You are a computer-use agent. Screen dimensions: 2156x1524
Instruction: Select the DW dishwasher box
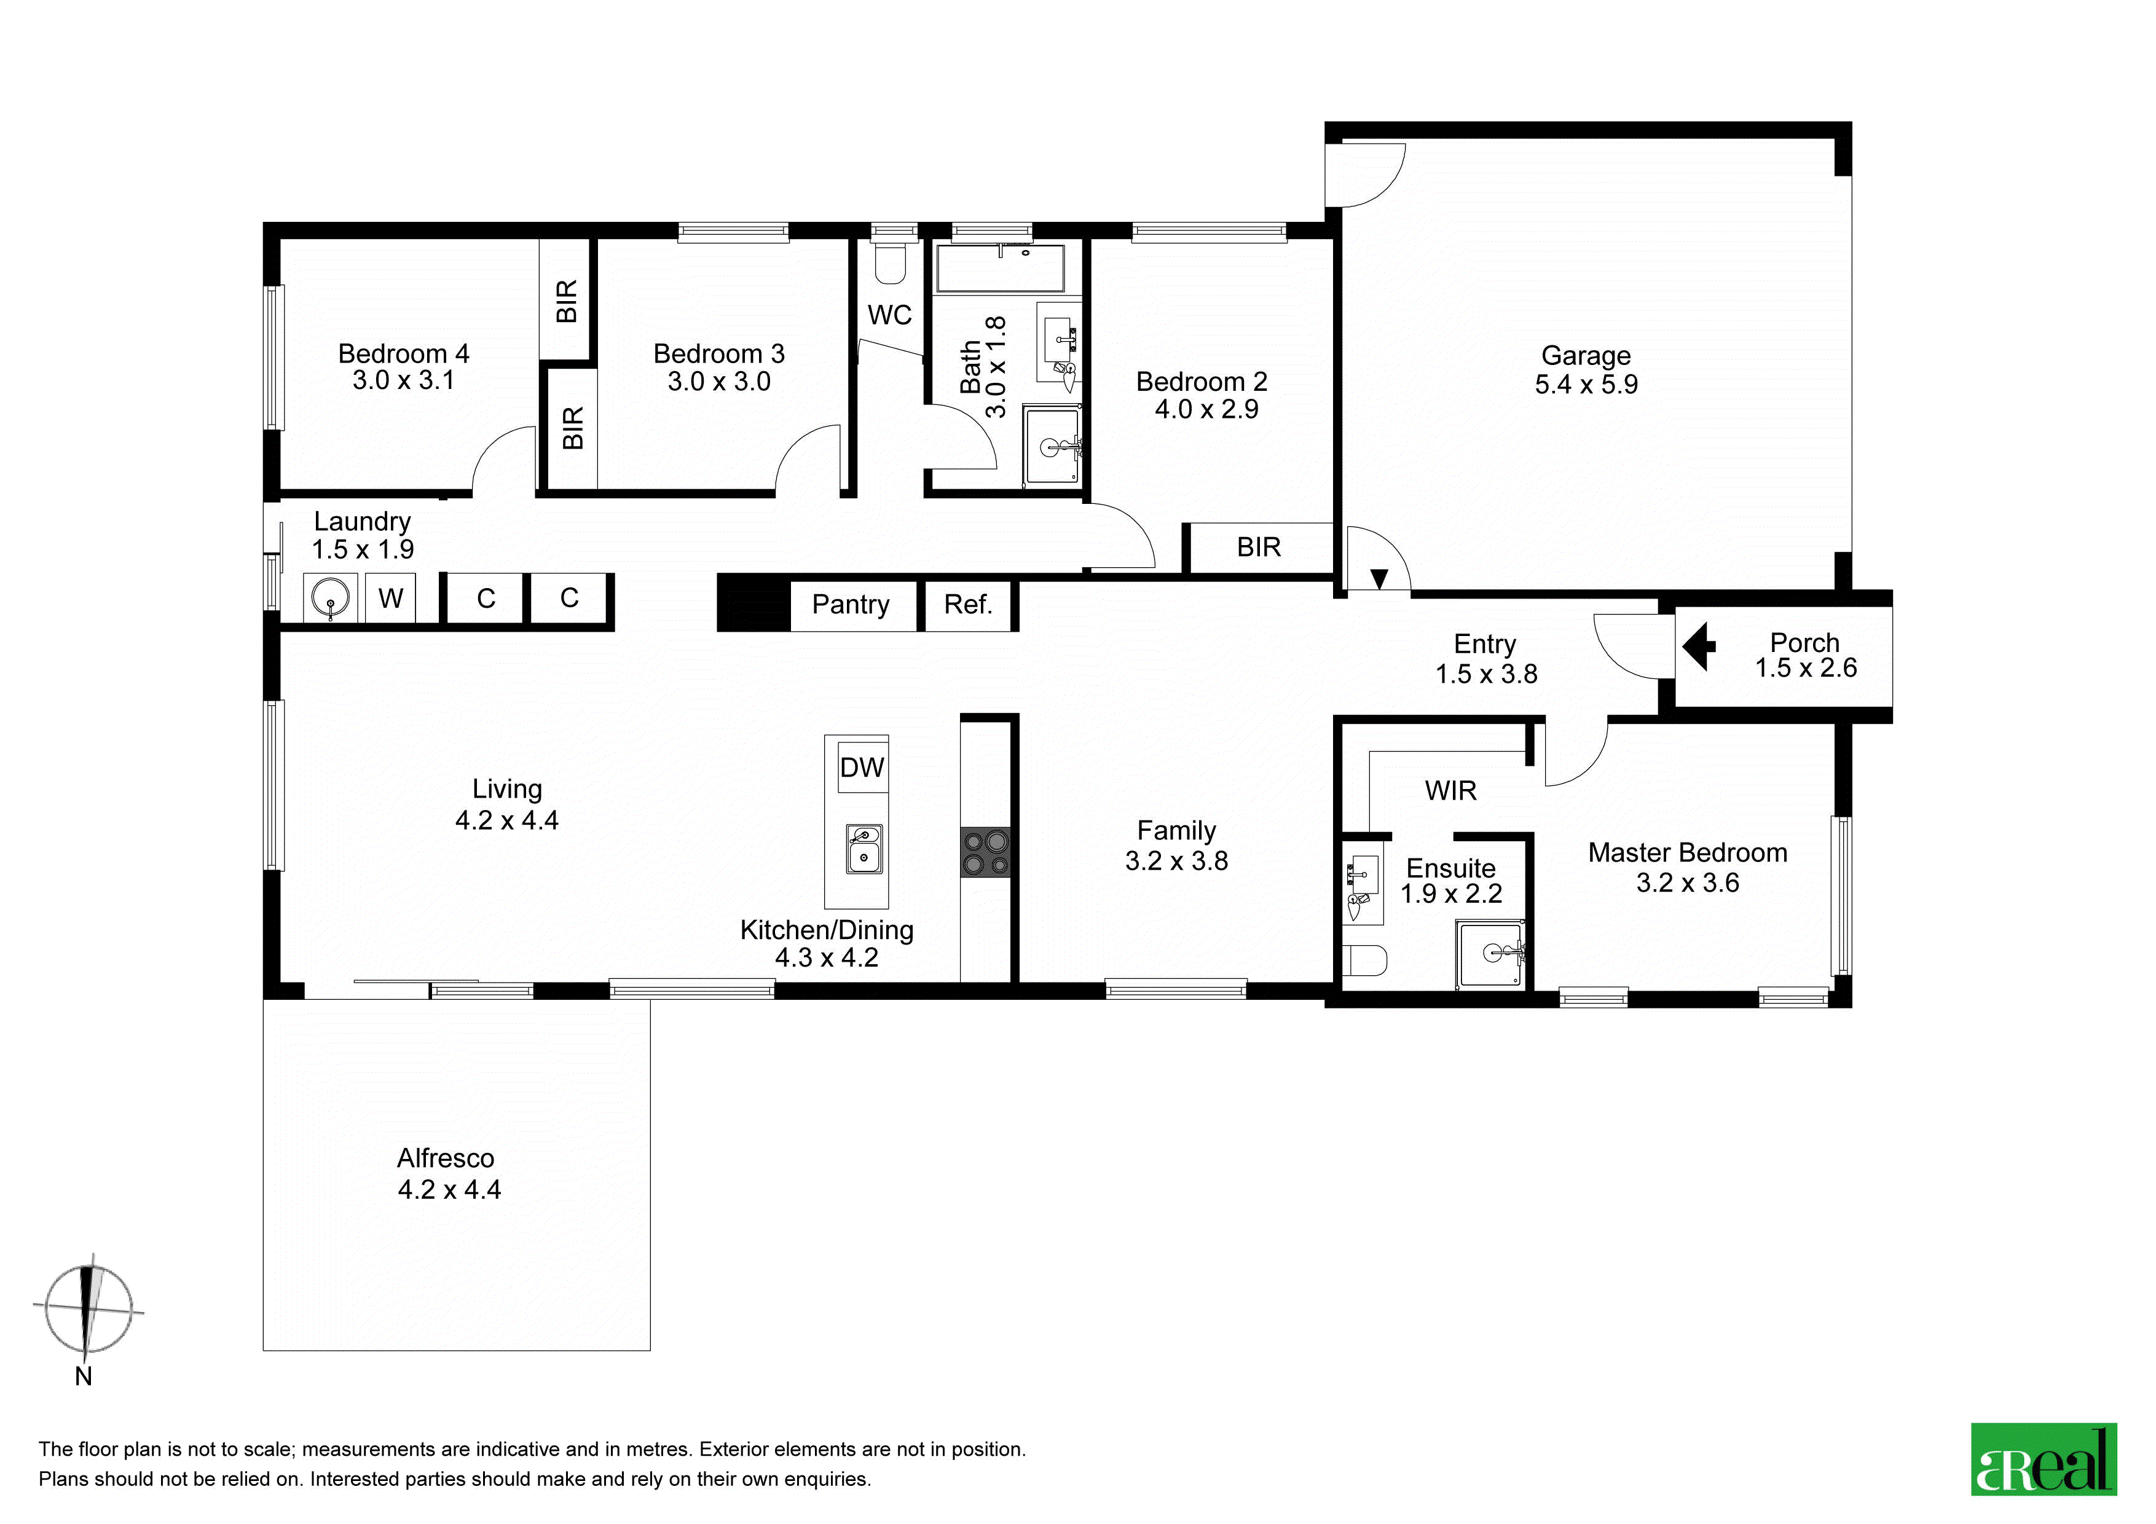pos(862,768)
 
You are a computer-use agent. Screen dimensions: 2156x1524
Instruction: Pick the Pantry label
pos(851,604)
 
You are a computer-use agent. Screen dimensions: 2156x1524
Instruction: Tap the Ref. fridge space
pos(968,605)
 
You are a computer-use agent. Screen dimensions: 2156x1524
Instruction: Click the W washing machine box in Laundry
pos(391,598)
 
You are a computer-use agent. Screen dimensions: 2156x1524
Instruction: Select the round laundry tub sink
pos(331,598)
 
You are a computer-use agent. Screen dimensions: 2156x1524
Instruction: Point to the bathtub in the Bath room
pos(1000,269)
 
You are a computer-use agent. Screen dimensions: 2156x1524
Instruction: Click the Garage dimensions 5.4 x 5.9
pos(1586,385)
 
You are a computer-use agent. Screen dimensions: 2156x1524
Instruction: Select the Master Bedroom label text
pos(1688,852)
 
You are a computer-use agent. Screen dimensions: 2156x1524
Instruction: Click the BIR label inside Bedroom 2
pos(1258,548)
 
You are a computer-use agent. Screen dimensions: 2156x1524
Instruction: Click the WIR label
pos(1451,791)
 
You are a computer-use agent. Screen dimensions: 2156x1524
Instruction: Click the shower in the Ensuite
pos(1490,954)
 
